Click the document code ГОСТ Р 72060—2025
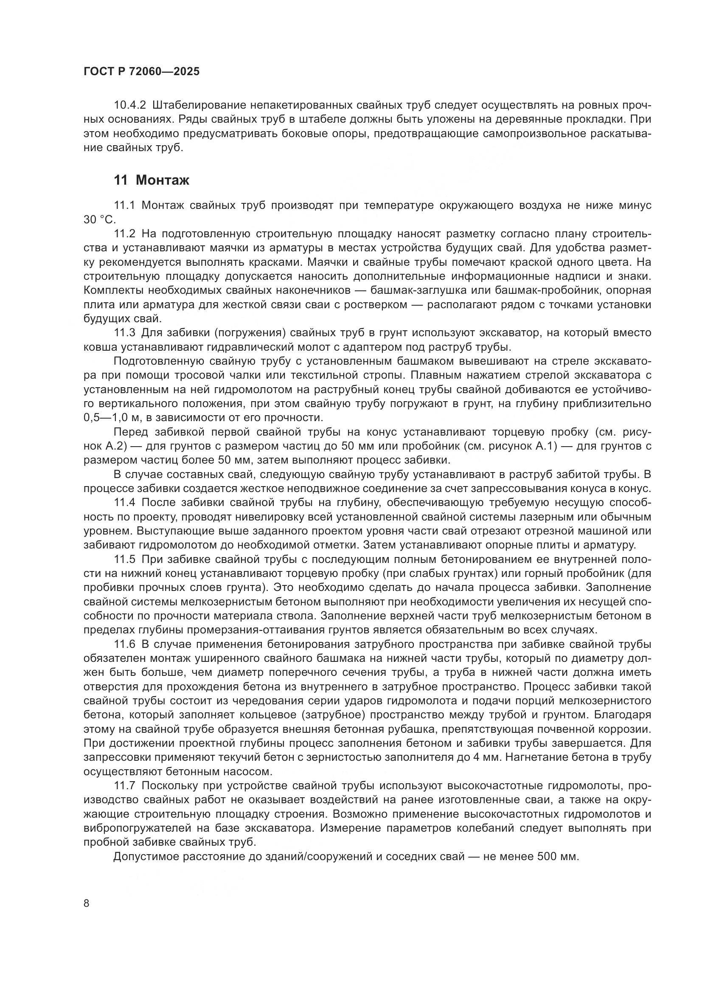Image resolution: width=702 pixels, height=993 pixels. [x=141, y=71]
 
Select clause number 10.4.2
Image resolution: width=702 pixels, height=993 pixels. [x=130, y=105]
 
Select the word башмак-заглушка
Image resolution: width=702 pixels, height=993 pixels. [x=402, y=290]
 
